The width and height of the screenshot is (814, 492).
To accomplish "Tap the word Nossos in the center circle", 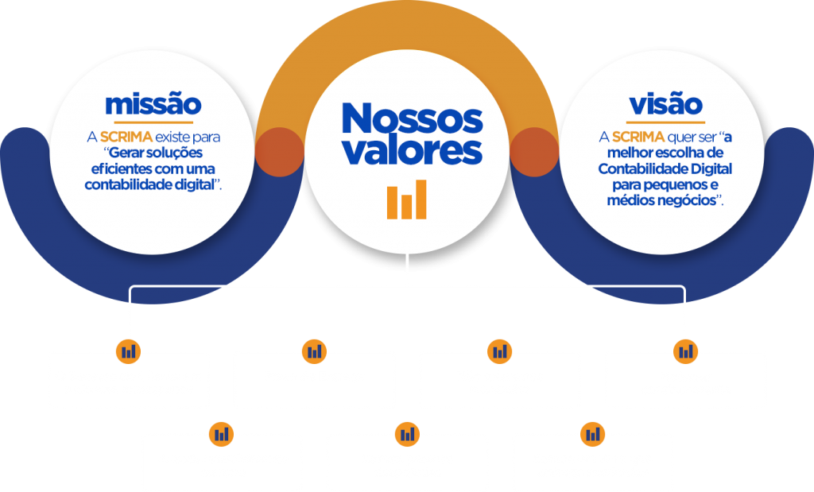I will coord(411,119).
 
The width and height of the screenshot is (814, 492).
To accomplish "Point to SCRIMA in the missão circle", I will coord(126,137).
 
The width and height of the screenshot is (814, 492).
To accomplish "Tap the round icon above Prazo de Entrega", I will coord(315,350).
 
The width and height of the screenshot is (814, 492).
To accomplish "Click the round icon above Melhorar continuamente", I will coord(685,350).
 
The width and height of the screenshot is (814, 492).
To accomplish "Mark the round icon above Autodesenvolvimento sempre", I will coord(222,433).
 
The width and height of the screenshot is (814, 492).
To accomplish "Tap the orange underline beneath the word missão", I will coord(153,122).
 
